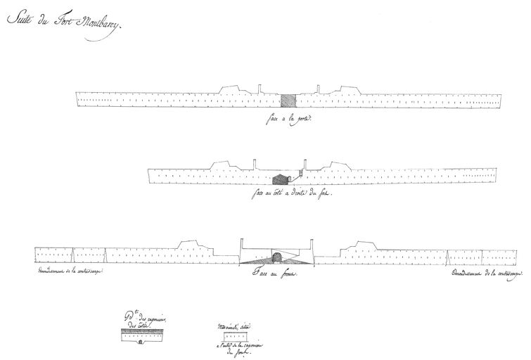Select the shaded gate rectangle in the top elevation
(x=289, y=101)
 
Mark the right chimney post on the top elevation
(x=320, y=89)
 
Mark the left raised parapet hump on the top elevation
(x=233, y=89)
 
